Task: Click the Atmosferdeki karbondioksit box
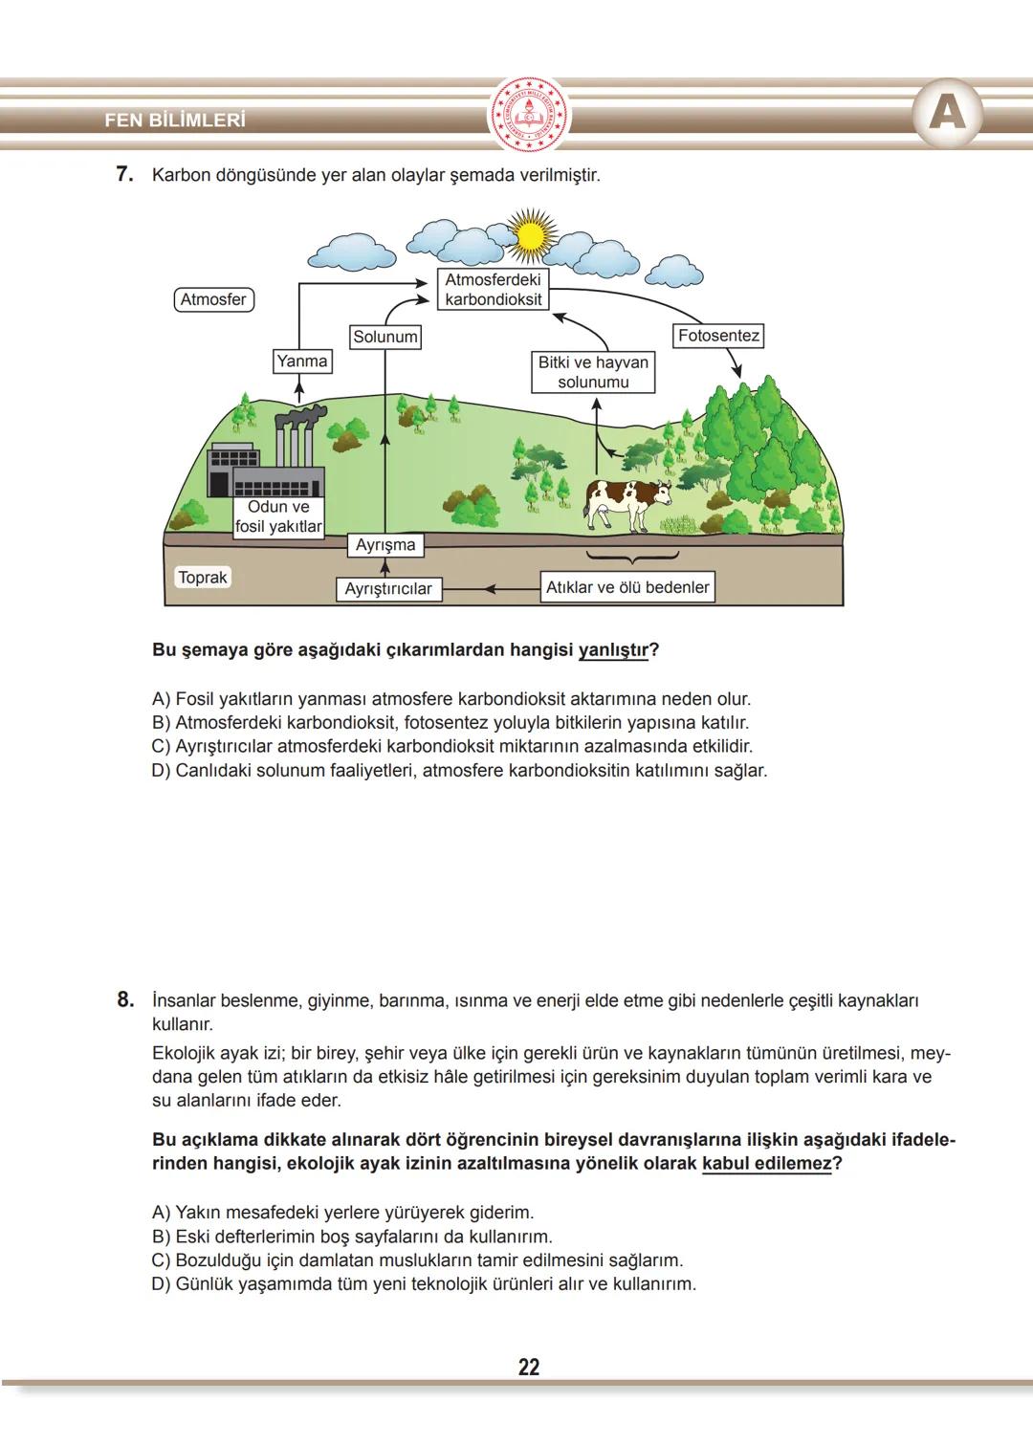point(494,290)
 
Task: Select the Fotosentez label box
point(718,336)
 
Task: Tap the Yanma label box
point(301,361)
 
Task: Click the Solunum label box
point(385,337)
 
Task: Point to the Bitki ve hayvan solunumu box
point(593,372)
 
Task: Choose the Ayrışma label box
point(385,545)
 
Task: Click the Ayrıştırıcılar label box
point(388,589)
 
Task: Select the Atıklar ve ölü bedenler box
point(627,587)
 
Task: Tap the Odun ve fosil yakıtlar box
point(278,517)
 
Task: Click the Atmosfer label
point(213,299)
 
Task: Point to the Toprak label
point(203,578)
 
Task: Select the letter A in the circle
point(947,114)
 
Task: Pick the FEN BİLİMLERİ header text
point(175,120)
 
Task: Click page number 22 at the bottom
point(529,1368)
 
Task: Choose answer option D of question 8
point(424,1284)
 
